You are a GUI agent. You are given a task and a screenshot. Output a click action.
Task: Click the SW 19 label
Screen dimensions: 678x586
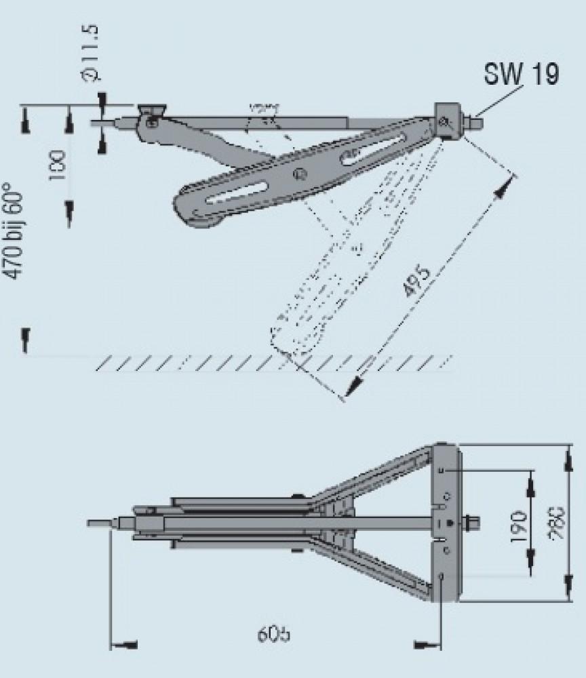point(521,74)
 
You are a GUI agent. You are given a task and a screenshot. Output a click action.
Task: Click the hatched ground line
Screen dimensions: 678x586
point(271,363)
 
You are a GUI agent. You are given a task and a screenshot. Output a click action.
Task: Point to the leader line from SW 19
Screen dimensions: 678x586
point(502,98)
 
